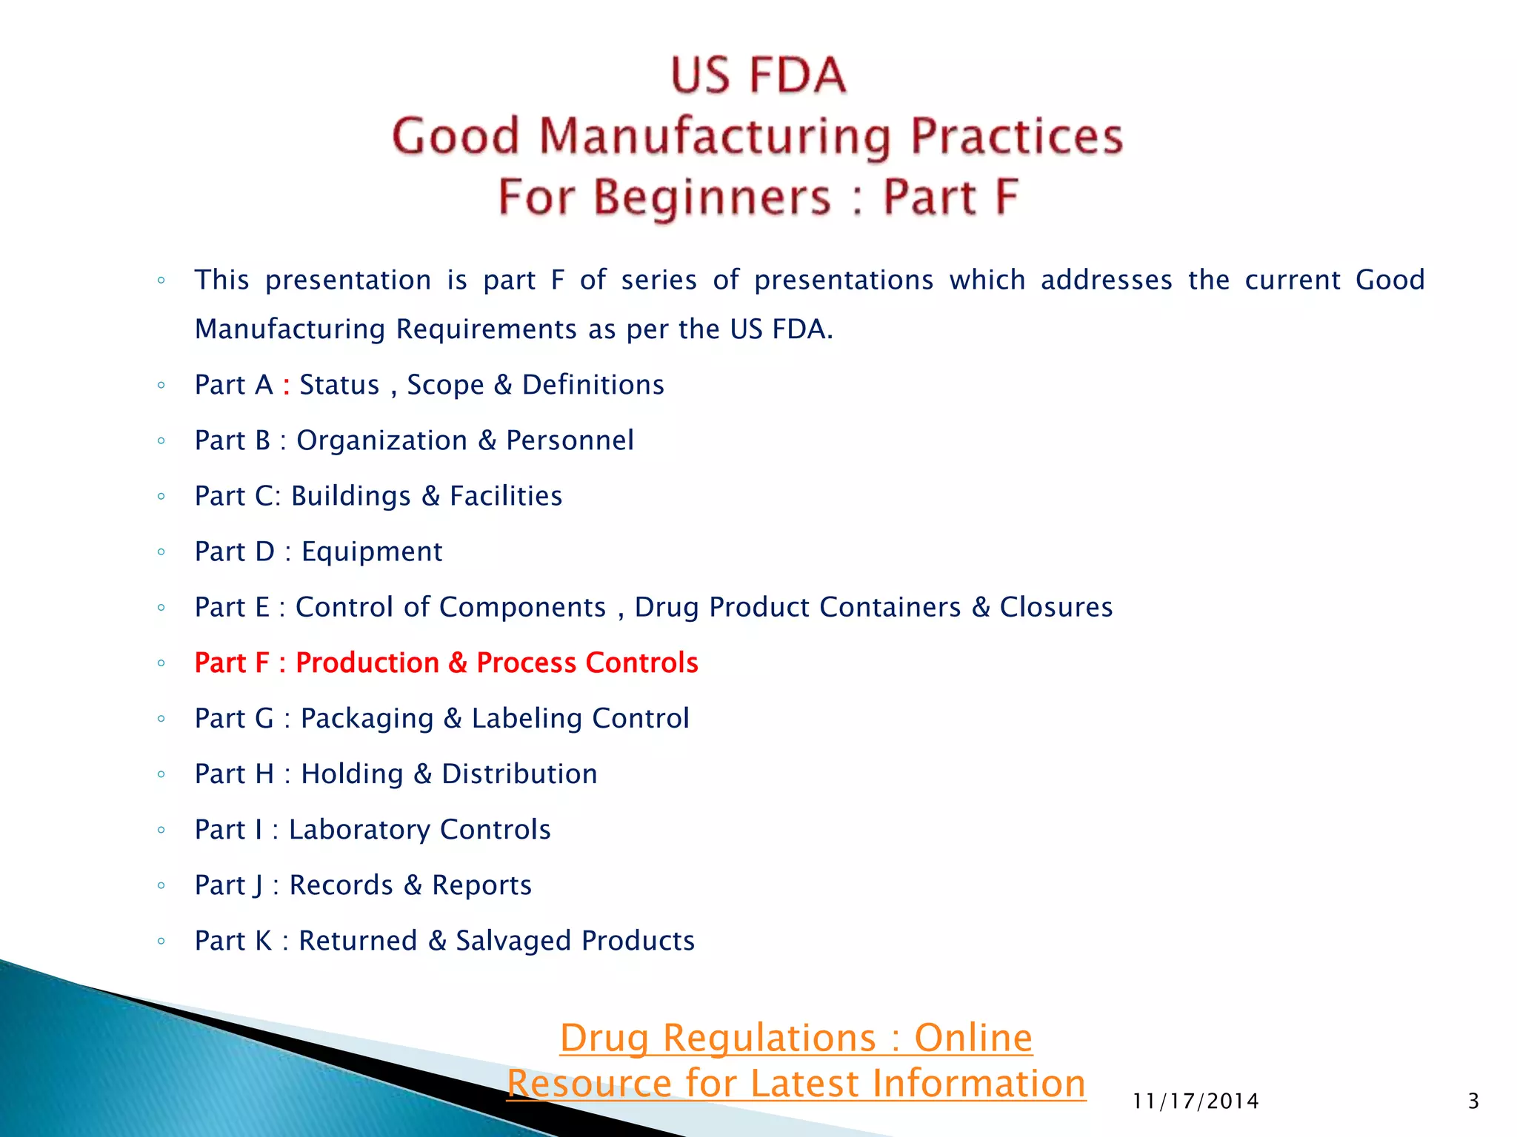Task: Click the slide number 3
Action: pyautogui.click(x=1473, y=1101)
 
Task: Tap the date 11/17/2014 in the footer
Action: pyautogui.click(x=1196, y=1101)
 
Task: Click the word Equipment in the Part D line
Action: pyautogui.click(x=372, y=552)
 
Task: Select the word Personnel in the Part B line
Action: pyautogui.click(x=570, y=440)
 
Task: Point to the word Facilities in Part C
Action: pyautogui.click(x=506, y=496)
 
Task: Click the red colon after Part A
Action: pyautogui.click(x=286, y=386)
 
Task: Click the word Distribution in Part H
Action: pyautogui.click(x=519, y=774)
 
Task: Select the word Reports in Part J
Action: pyautogui.click(x=481, y=885)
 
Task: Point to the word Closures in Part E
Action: pyautogui.click(x=1056, y=607)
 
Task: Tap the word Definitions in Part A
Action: pyautogui.click(x=593, y=385)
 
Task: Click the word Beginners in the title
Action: pyautogui.click(x=712, y=197)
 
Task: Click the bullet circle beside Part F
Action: pyautogui.click(x=161, y=663)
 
